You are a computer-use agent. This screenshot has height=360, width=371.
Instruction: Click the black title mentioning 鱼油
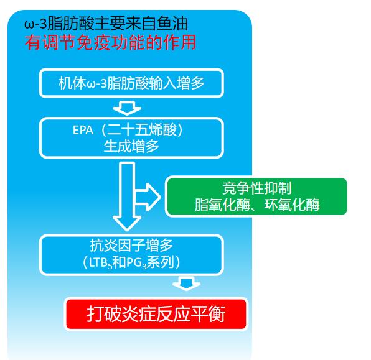coord(106,24)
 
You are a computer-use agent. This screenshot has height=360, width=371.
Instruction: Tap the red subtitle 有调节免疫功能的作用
coord(110,43)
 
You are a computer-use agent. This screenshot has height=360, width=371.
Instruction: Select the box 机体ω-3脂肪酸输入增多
coord(131,83)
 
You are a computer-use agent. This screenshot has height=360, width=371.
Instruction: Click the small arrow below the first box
coord(127,108)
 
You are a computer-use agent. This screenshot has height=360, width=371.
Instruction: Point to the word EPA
coord(83,130)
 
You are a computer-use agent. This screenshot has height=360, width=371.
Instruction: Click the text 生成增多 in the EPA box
coord(131,146)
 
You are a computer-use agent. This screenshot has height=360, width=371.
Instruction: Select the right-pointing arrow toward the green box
coord(148,197)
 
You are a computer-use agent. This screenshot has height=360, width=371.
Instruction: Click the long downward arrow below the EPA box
coord(127,196)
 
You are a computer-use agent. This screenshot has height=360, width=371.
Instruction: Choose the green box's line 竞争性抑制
coord(257,188)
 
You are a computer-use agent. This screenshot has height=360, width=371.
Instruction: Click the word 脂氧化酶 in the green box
coord(222,205)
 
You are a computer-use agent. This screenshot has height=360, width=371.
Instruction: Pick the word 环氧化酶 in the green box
coord(292,205)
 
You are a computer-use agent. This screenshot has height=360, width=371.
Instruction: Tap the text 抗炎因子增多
coord(131,246)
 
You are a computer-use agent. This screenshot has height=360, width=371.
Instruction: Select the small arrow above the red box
coord(187,284)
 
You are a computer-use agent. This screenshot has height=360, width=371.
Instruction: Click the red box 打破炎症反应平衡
coord(156,314)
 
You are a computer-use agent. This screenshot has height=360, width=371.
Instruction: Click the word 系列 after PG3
coord(161,262)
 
